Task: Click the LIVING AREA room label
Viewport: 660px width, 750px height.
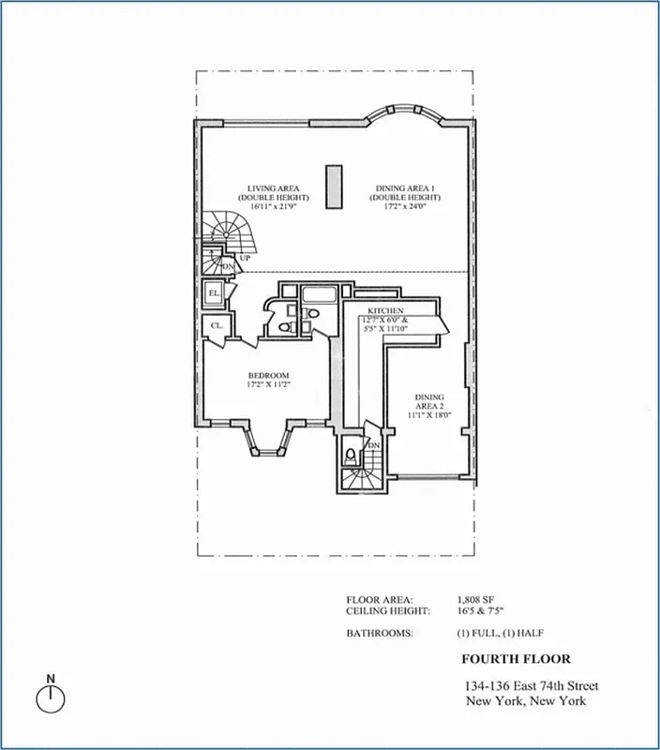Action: (267, 188)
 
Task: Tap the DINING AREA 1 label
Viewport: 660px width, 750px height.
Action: (405, 188)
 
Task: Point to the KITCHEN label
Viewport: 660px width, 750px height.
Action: (385, 310)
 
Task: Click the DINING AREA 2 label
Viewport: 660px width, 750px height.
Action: (430, 402)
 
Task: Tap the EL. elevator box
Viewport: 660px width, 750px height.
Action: (215, 293)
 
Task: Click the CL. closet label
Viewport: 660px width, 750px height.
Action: (216, 326)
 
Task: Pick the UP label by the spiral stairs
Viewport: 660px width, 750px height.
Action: (245, 257)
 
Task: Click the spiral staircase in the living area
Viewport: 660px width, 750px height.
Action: (224, 231)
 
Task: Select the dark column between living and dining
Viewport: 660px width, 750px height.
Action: (332, 186)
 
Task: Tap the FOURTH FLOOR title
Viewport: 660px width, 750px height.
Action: (516, 659)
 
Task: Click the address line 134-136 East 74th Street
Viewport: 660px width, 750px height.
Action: (532, 685)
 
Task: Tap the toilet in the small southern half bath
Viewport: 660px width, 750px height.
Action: (351, 457)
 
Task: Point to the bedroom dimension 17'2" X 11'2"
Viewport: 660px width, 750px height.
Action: (268, 384)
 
